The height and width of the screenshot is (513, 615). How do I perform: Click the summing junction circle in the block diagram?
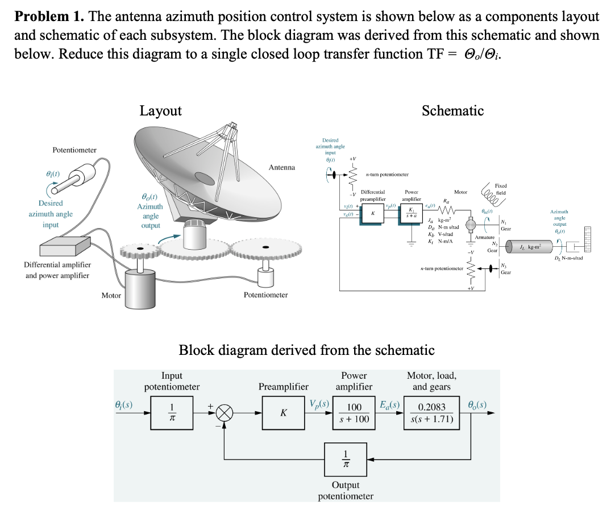point(223,413)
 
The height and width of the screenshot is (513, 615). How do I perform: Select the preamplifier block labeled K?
point(282,413)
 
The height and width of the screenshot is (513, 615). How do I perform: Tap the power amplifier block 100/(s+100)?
point(355,413)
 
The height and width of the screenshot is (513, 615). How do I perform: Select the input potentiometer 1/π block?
point(172,413)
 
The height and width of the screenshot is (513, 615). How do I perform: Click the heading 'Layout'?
point(160,111)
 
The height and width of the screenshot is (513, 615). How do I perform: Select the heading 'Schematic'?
point(452,111)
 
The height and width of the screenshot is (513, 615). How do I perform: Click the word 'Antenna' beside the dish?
point(282,167)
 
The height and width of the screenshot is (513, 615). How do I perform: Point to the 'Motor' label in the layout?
point(111,295)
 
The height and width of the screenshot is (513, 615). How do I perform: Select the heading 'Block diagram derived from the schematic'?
point(306,350)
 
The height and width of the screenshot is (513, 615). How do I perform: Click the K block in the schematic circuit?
point(372,214)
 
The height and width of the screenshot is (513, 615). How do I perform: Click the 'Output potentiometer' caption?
point(346,490)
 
